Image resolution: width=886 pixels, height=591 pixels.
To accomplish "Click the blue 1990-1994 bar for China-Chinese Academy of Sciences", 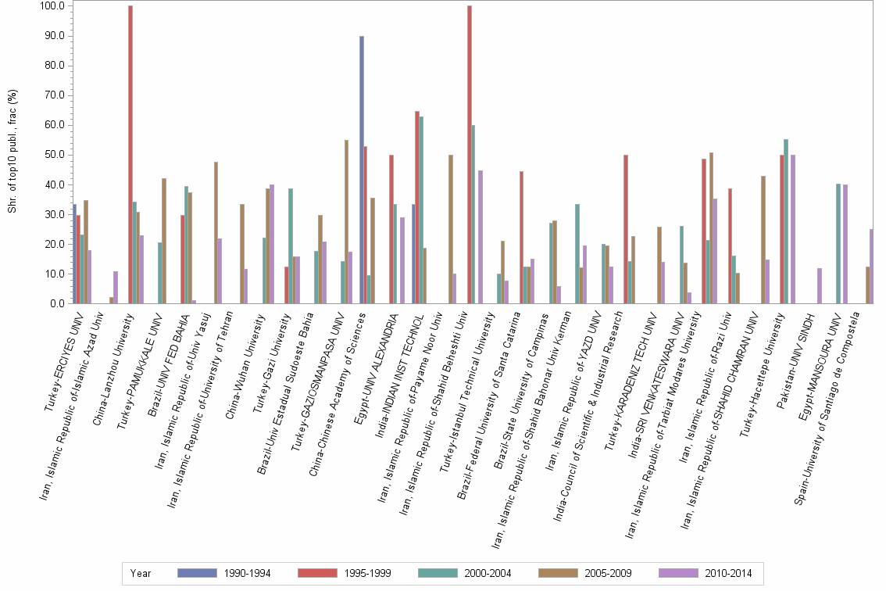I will (x=362, y=170).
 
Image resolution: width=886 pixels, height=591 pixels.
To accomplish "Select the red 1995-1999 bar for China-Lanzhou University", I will (x=130, y=155).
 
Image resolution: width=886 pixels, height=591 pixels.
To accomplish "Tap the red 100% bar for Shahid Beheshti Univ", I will (x=469, y=155).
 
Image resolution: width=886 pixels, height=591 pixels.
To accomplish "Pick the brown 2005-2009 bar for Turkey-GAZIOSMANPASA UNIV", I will (x=346, y=221).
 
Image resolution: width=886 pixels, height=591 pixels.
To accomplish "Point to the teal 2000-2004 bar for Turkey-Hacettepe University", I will (x=785, y=221).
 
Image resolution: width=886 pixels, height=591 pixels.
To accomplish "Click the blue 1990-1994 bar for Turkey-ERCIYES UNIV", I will (x=74, y=253).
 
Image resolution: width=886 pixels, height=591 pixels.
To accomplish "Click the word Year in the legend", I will (x=141, y=573).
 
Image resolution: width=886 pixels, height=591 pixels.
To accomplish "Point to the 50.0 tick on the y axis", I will (x=55, y=155).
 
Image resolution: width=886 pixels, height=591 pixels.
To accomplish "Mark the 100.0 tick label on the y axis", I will (x=53, y=6).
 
